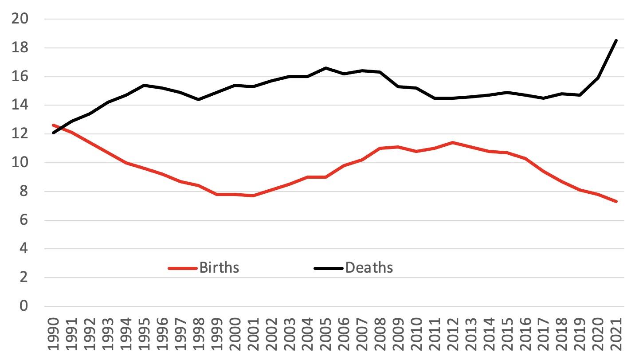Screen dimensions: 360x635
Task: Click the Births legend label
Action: (219, 268)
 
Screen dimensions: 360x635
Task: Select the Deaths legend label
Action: (369, 268)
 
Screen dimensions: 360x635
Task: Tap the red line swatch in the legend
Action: (182, 268)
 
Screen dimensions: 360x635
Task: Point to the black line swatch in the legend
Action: (328, 268)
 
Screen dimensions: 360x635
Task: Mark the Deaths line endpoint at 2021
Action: (616, 41)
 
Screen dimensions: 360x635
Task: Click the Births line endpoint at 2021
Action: (616, 201)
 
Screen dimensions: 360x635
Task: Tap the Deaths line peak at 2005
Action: (325, 68)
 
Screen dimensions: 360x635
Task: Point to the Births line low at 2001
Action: (253, 196)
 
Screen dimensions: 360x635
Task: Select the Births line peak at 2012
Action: (452, 142)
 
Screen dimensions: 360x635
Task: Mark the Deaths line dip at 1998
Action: (198, 99)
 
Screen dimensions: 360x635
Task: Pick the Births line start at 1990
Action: (53, 125)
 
